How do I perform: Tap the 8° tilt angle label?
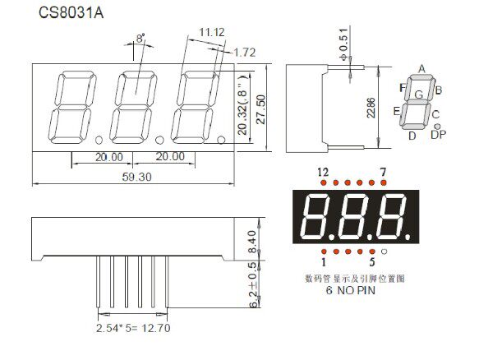140,38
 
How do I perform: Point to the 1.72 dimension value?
245,52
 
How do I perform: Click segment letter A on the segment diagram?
421,68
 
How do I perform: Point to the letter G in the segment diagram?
418,95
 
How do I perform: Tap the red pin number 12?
323,171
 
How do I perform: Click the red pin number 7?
383,171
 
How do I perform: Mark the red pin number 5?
371,262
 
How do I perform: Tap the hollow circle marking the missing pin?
384,250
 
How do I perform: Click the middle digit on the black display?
355,215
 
